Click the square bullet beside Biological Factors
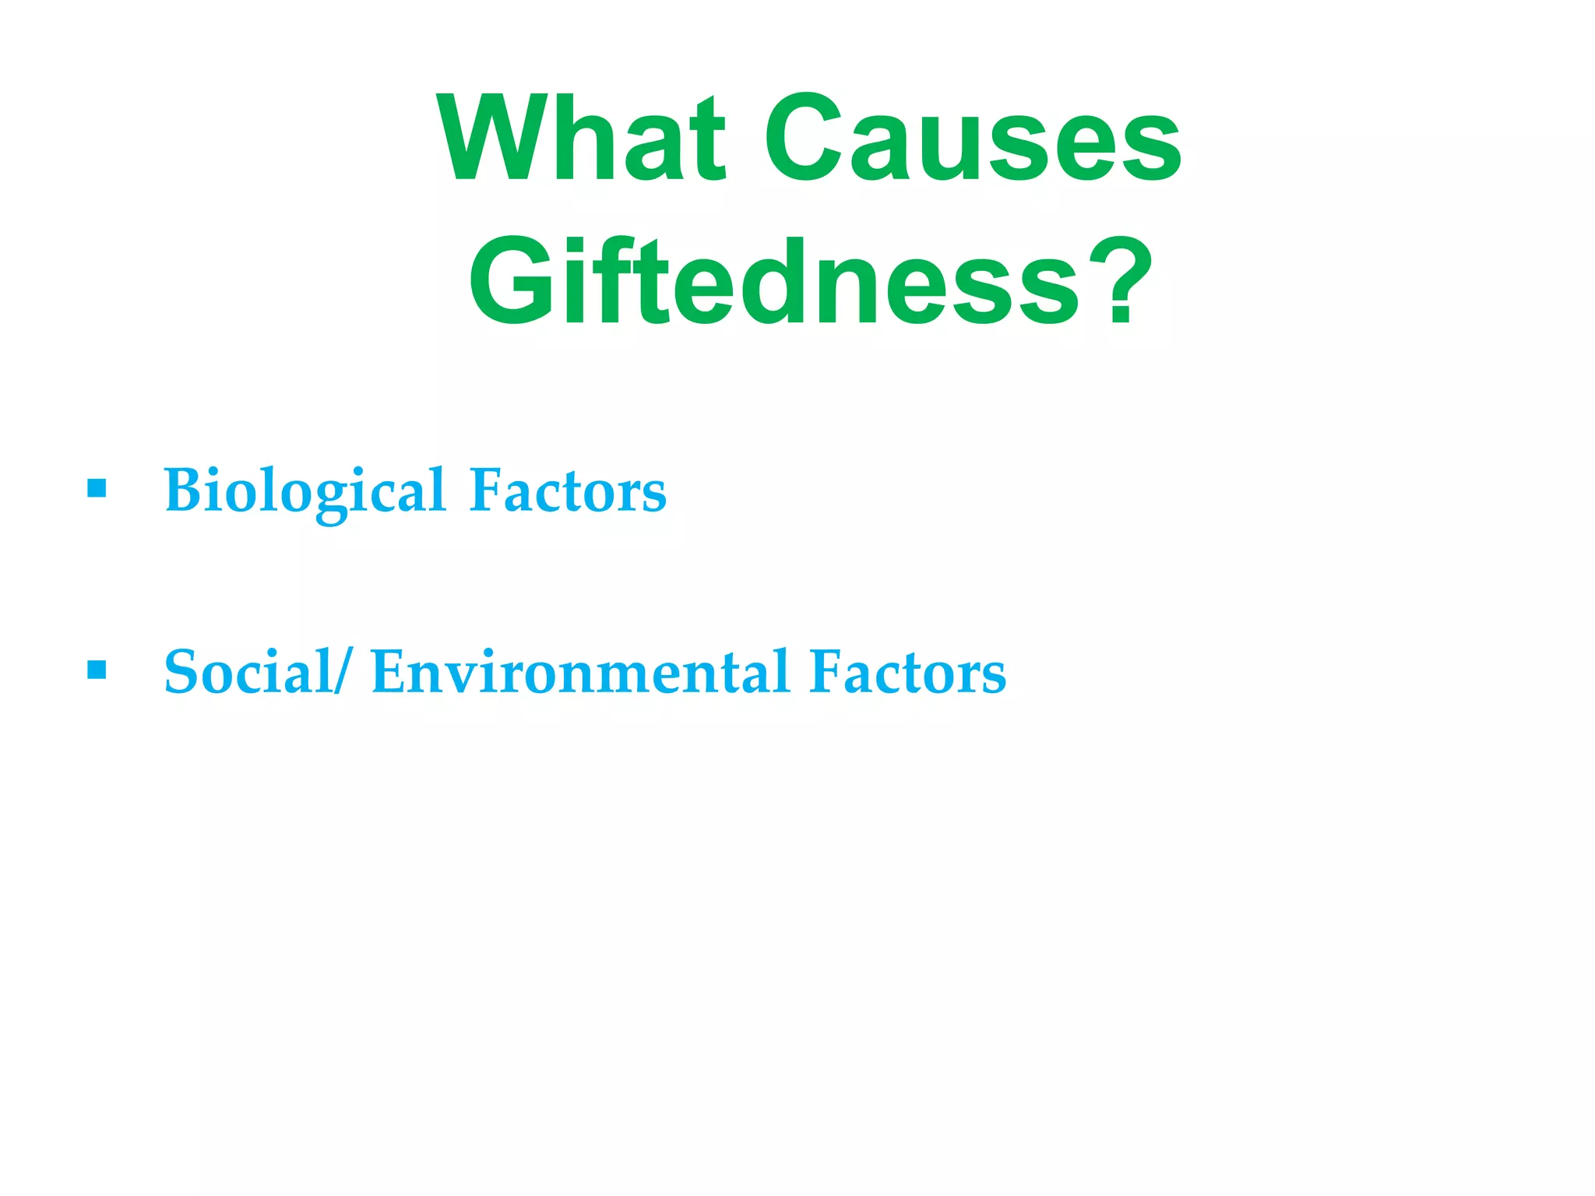(x=97, y=488)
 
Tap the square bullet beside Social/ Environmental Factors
(x=97, y=670)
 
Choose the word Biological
(x=305, y=491)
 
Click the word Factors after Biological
(x=568, y=491)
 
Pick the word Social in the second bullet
(x=248, y=672)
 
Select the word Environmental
(x=581, y=672)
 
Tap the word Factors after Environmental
(x=907, y=672)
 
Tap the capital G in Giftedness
(x=510, y=281)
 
